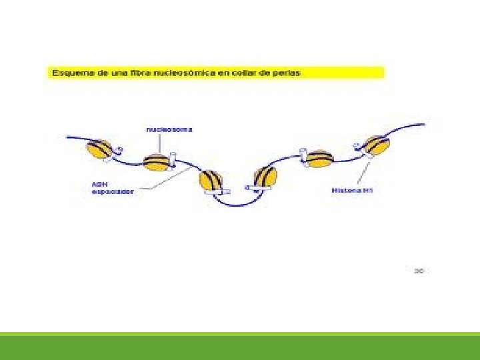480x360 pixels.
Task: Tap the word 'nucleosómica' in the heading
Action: [x=187, y=72]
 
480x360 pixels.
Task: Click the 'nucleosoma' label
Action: [x=169, y=129]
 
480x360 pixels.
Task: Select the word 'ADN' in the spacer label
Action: [x=98, y=184]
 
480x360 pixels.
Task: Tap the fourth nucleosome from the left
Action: [x=265, y=177]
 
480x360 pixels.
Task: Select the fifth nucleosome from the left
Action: [x=319, y=159]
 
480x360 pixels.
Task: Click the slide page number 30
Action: [x=419, y=271]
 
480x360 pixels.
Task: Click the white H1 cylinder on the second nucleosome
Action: [x=171, y=159]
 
